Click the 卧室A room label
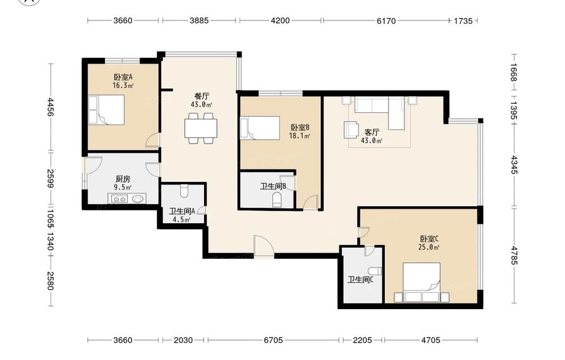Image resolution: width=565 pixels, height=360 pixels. (123, 77)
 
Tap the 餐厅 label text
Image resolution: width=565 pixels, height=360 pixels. (202, 96)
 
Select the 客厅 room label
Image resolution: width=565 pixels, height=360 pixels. (372, 132)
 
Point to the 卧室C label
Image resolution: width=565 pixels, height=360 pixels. (429, 238)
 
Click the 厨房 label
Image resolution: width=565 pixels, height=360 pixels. (123, 179)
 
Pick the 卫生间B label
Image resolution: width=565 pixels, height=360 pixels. (273, 186)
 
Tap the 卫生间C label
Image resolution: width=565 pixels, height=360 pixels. (360, 280)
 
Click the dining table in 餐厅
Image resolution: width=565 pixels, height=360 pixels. (201, 128)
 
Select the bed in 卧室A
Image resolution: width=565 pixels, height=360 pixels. (106, 110)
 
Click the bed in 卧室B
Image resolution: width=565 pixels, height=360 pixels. (260, 128)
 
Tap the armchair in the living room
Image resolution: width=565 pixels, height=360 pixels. (351, 130)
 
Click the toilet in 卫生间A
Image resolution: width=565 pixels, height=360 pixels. (184, 191)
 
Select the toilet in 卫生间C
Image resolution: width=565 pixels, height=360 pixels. (375, 271)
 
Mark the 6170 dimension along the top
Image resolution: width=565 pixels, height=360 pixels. (386, 20)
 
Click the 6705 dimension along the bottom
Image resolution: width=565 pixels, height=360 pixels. (273, 340)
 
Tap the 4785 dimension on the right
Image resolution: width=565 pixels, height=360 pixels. (514, 255)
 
